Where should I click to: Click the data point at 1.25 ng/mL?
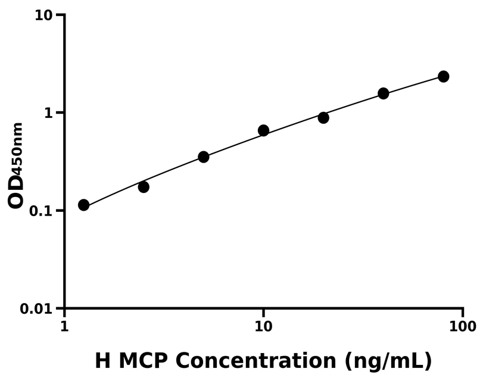tap(84, 205)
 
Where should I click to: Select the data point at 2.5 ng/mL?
tap(144, 187)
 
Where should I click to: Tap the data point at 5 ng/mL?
tap(204, 157)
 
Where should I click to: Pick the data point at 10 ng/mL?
tap(263, 130)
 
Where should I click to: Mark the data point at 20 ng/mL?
tap(323, 118)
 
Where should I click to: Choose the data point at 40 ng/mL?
tap(384, 93)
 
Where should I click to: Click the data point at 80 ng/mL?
tap(443, 76)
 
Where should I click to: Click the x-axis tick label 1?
tap(64, 327)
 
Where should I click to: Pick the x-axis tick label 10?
tap(263, 327)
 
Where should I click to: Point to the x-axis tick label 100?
tap(463, 327)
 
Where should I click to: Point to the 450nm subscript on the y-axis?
tap(18, 146)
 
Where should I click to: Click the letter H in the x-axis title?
tap(102, 361)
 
